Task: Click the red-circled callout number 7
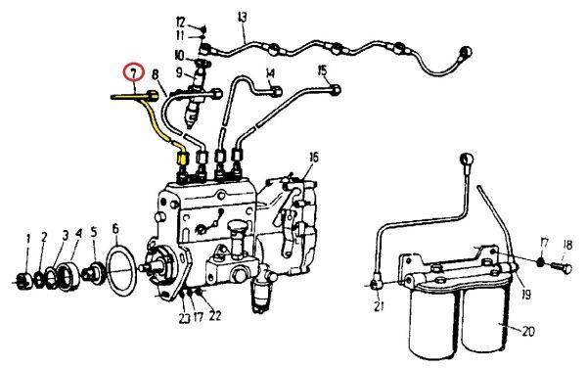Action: tap(134, 73)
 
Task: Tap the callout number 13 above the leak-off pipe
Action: tap(243, 18)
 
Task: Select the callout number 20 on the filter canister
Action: tap(528, 332)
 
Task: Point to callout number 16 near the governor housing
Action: tap(314, 158)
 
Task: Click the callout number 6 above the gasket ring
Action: tap(115, 228)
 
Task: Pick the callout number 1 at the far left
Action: tap(27, 238)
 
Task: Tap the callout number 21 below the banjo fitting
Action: tap(380, 306)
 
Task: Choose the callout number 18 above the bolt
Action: tap(567, 246)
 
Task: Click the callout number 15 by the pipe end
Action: tap(322, 70)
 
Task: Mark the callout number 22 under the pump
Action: tap(215, 316)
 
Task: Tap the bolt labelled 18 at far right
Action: tap(562, 268)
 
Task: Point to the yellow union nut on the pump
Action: tap(182, 159)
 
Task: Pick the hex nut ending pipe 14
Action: tap(277, 91)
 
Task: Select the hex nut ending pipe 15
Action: tap(336, 89)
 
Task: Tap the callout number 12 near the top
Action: tap(180, 23)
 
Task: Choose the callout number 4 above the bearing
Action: tap(78, 234)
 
